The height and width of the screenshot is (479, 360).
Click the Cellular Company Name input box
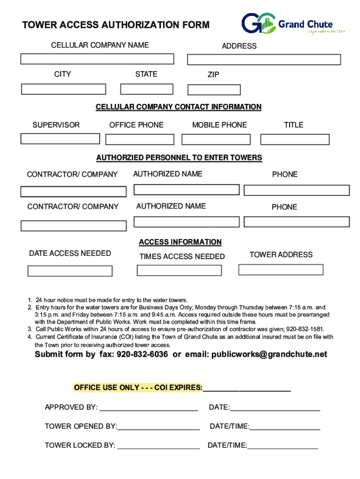click(x=97, y=59)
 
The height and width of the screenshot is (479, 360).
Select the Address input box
click(x=264, y=60)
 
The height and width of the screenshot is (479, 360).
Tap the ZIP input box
click(x=214, y=90)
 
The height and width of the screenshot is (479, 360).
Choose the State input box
click(x=147, y=89)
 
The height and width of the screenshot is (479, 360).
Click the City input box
click(x=64, y=89)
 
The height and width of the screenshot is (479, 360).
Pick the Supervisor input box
click(x=60, y=138)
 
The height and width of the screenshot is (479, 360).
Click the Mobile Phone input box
click(x=216, y=139)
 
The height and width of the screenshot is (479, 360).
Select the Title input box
click(x=295, y=139)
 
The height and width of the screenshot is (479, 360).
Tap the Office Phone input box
click(x=140, y=139)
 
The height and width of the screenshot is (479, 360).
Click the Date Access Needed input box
click(x=70, y=271)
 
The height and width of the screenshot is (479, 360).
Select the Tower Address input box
click(x=281, y=269)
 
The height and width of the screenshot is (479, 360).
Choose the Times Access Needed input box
click(x=179, y=270)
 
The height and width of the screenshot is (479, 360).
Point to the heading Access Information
click(x=180, y=242)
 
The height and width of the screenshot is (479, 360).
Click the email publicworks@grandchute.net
click(x=269, y=354)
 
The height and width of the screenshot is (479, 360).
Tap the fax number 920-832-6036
click(x=142, y=354)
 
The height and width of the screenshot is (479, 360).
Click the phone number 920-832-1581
click(x=305, y=329)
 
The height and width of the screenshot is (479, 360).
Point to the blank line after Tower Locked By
click(x=158, y=446)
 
